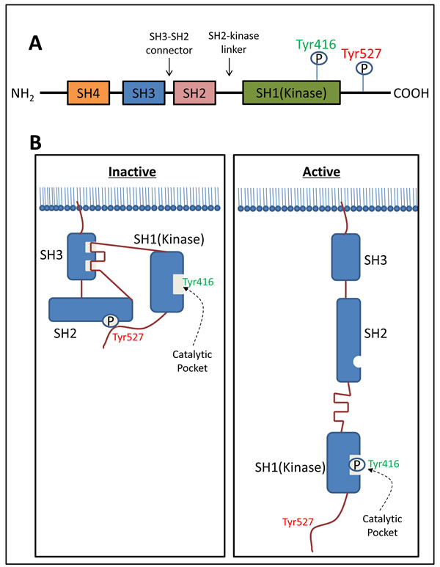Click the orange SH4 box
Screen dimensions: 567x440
coord(87,94)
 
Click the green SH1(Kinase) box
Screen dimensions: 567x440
coord(293,94)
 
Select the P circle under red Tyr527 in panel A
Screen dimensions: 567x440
coord(364,68)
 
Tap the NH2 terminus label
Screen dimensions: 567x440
coord(24,94)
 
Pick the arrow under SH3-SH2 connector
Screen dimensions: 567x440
coord(170,67)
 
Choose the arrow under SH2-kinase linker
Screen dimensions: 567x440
coord(230,67)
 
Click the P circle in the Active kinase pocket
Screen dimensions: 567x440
coord(356,464)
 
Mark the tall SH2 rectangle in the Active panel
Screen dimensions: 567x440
coord(353,340)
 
